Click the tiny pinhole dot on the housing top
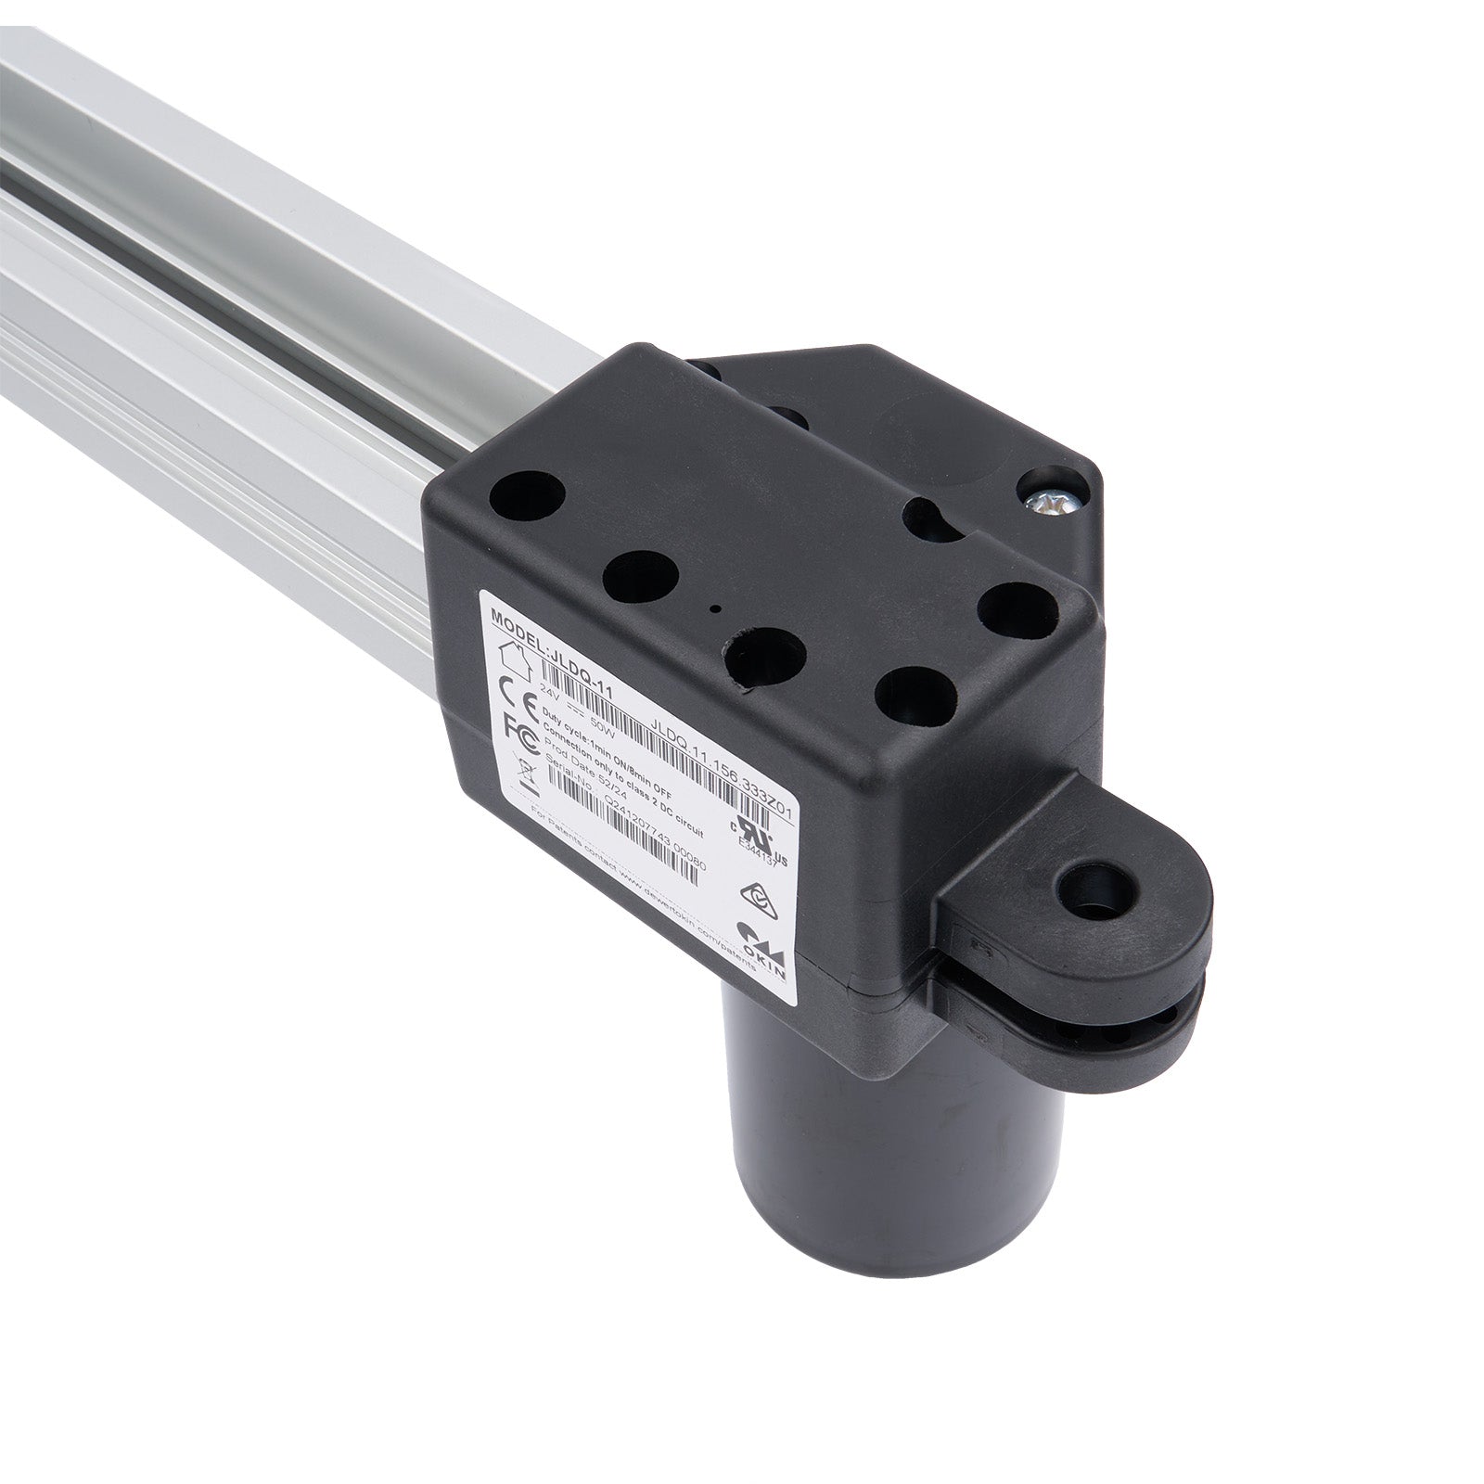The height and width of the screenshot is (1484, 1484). coord(713,609)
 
